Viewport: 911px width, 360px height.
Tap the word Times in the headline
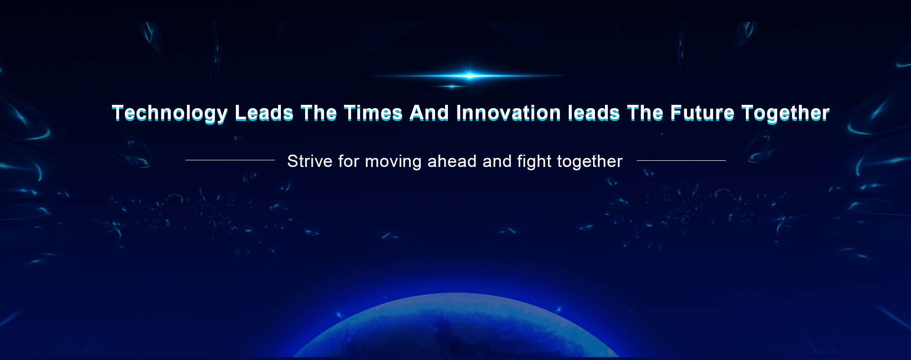pyautogui.click(x=373, y=113)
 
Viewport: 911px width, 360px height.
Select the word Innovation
pyautogui.click(x=508, y=113)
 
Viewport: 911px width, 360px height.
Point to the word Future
pyautogui.click(x=702, y=113)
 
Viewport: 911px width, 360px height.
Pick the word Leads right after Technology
pyautogui.click(x=264, y=113)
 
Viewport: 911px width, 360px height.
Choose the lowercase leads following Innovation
pyautogui.click(x=594, y=113)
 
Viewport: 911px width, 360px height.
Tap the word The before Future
pyautogui.click(x=645, y=113)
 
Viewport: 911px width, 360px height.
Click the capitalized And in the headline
pyautogui.click(x=429, y=113)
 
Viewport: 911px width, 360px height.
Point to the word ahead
pyautogui.click(x=452, y=161)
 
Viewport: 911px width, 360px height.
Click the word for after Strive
pyautogui.click(x=349, y=161)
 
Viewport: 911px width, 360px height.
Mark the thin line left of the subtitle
pyautogui.click(x=230, y=160)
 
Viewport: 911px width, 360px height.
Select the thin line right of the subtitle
pyautogui.click(x=681, y=161)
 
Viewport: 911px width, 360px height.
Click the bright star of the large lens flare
pyautogui.click(x=469, y=75)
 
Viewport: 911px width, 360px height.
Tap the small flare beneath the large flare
pyautogui.click(x=452, y=86)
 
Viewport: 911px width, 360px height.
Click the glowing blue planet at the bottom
pyautogui.click(x=455, y=327)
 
